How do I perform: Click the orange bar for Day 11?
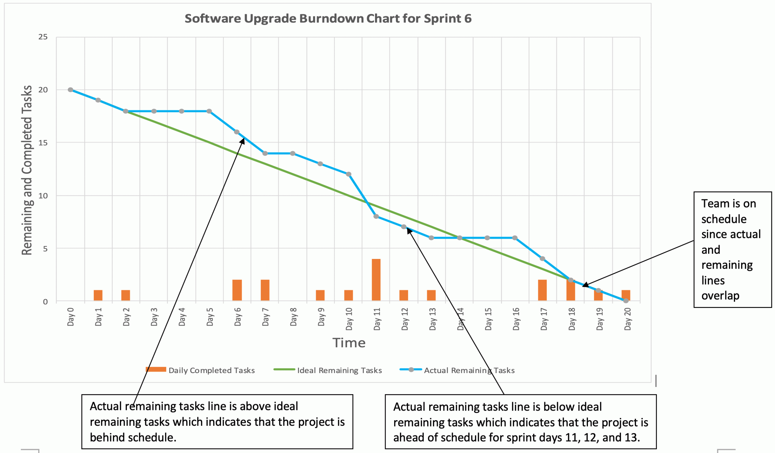click(x=376, y=279)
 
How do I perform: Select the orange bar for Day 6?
click(x=237, y=290)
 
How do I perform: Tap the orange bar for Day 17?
click(x=542, y=290)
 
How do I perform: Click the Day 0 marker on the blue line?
click(x=71, y=90)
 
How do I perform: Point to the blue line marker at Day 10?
click(x=348, y=174)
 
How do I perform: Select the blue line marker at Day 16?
click(x=515, y=238)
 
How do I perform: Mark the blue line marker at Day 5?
click(x=209, y=111)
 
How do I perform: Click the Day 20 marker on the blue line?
click(x=626, y=301)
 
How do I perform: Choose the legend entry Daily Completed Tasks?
click(x=211, y=370)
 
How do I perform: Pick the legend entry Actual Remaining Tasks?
click(x=469, y=370)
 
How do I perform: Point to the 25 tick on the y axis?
click(x=43, y=37)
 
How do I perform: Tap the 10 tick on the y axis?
click(x=43, y=196)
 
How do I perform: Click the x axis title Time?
click(x=349, y=342)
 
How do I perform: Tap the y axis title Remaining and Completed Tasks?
click(x=27, y=170)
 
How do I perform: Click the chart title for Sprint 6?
click(x=328, y=18)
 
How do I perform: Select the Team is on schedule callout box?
click(x=732, y=250)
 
